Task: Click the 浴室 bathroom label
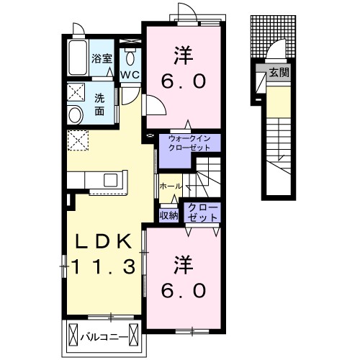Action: tap(102, 58)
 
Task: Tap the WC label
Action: tap(130, 75)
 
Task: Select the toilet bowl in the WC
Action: tap(130, 58)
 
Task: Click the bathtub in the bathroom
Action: tap(77, 58)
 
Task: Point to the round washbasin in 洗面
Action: tap(76, 114)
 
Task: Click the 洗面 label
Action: tap(99, 104)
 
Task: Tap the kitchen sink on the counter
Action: tap(110, 180)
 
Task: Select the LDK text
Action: tap(104, 241)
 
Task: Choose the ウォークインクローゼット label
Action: tap(189, 143)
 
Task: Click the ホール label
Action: tap(171, 186)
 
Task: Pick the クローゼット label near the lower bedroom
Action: tap(202, 212)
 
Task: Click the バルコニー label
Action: tap(104, 338)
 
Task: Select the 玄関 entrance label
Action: tap(279, 72)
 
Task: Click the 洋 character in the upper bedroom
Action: tap(184, 55)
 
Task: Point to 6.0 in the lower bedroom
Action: tap(184, 290)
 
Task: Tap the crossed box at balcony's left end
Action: tap(73, 334)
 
